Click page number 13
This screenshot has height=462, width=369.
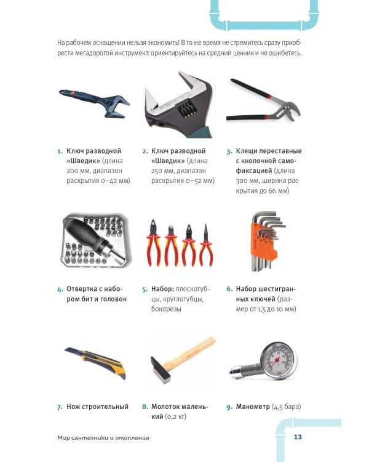pos(298,437)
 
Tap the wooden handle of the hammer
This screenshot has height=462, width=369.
pos(190,353)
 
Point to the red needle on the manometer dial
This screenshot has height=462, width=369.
pos(275,362)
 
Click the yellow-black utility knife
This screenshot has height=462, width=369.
pos(96,361)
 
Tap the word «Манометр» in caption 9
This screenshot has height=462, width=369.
pos(253,407)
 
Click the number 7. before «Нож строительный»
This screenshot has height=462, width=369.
pos(60,407)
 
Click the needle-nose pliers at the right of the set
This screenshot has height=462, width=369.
pos(207,245)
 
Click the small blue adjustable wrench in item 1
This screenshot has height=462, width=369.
pos(95,102)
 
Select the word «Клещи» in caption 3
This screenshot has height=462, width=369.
pos(246,151)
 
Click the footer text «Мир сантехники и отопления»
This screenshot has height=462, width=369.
pos(103,437)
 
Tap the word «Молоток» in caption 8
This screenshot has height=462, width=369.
pos(165,407)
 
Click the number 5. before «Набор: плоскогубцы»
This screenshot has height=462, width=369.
pos(145,290)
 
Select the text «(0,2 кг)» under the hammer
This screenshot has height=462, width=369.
pos(176,416)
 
